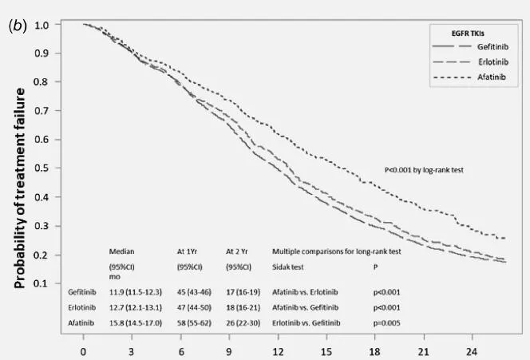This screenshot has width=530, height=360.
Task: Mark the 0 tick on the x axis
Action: [83, 350]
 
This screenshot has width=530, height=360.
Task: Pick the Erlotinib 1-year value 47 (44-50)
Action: [196, 307]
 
